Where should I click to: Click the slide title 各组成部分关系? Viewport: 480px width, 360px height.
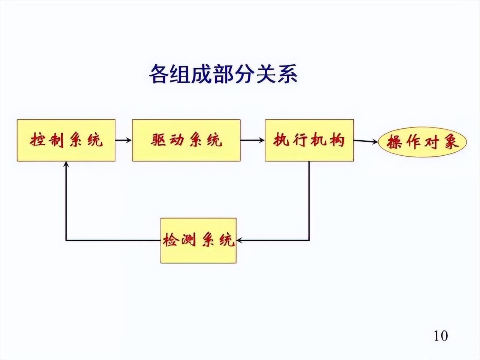pos(223,73)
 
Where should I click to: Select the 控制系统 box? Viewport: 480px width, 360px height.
pos(66,141)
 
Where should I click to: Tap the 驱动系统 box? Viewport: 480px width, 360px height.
pos(186,141)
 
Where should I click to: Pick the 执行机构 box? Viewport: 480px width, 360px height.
pos(309,141)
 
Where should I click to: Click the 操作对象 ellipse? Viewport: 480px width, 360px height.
pos(423,142)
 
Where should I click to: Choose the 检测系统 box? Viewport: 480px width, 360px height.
pos(198,240)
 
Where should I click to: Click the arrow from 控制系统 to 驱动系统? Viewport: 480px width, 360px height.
pos(123,141)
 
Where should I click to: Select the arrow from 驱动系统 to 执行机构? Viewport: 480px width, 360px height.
pos(252,141)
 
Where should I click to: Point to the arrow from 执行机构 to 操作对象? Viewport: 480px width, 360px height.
pos(366,141)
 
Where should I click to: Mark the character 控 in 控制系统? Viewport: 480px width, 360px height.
pos(38,141)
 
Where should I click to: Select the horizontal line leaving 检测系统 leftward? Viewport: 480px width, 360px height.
pos(112,240)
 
